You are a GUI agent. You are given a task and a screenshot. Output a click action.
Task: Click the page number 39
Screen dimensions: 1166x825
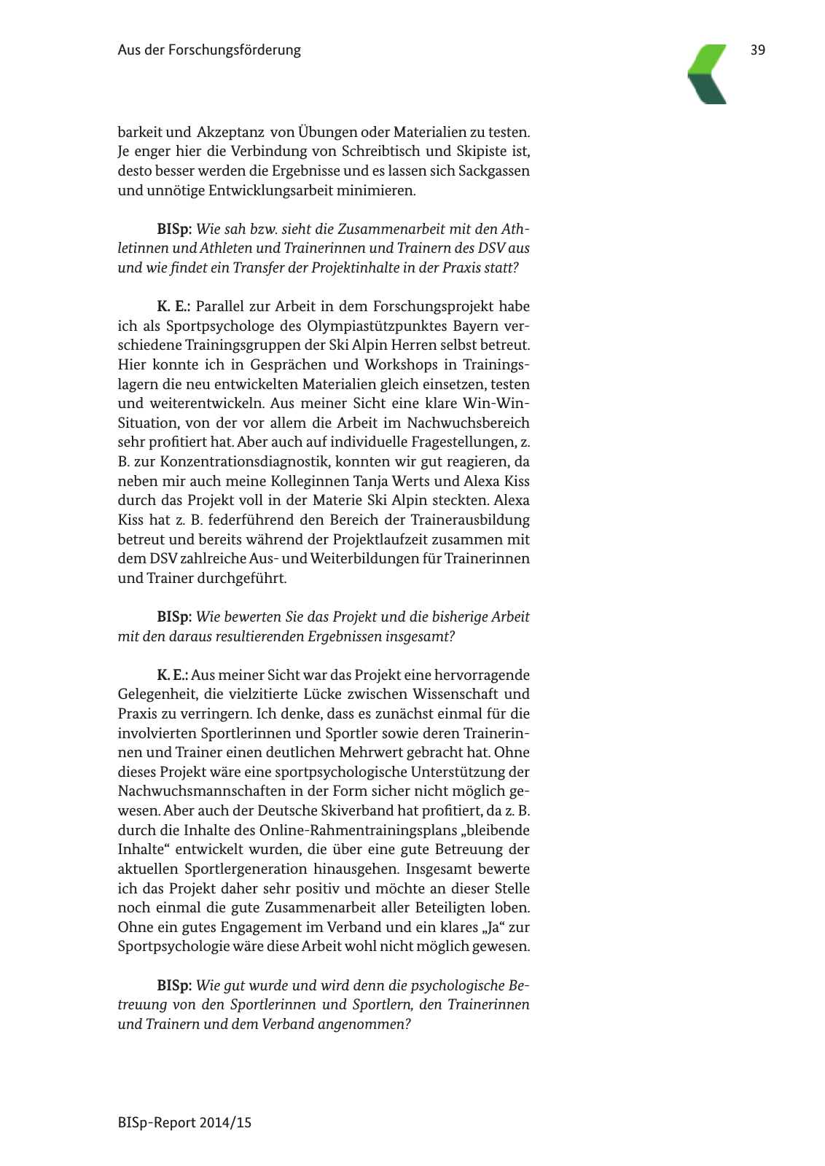tap(757, 50)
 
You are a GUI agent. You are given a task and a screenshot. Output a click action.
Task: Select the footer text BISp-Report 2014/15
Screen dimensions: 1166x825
tap(184, 1122)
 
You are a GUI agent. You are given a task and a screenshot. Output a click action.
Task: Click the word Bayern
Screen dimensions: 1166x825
tap(476, 326)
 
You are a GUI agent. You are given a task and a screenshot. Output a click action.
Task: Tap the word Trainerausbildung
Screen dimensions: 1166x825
tap(470, 520)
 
